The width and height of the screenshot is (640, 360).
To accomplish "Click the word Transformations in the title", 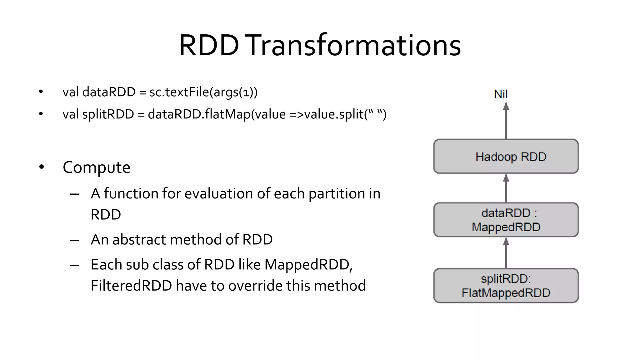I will click(x=354, y=46).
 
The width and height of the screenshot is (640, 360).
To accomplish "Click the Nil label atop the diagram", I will click(x=501, y=94).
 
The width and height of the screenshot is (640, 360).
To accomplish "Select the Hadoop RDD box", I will click(x=506, y=156).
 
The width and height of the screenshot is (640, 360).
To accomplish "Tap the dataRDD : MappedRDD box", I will click(x=506, y=220).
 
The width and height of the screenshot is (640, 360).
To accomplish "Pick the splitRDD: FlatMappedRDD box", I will click(x=506, y=285).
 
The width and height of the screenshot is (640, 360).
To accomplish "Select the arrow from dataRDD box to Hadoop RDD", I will click(x=506, y=188).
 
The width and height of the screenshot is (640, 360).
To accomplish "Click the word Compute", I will click(x=96, y=167).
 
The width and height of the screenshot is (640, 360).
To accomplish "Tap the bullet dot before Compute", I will click(x=42, y=167).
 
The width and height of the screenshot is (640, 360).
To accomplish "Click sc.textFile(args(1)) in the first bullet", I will click(x=203, y=92).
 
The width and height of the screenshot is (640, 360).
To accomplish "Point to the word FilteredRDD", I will click(x=131, y=286).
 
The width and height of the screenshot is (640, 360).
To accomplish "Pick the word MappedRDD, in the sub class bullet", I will click(x=308, y=265).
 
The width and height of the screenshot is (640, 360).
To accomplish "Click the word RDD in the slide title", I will click(x=209, y=46).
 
